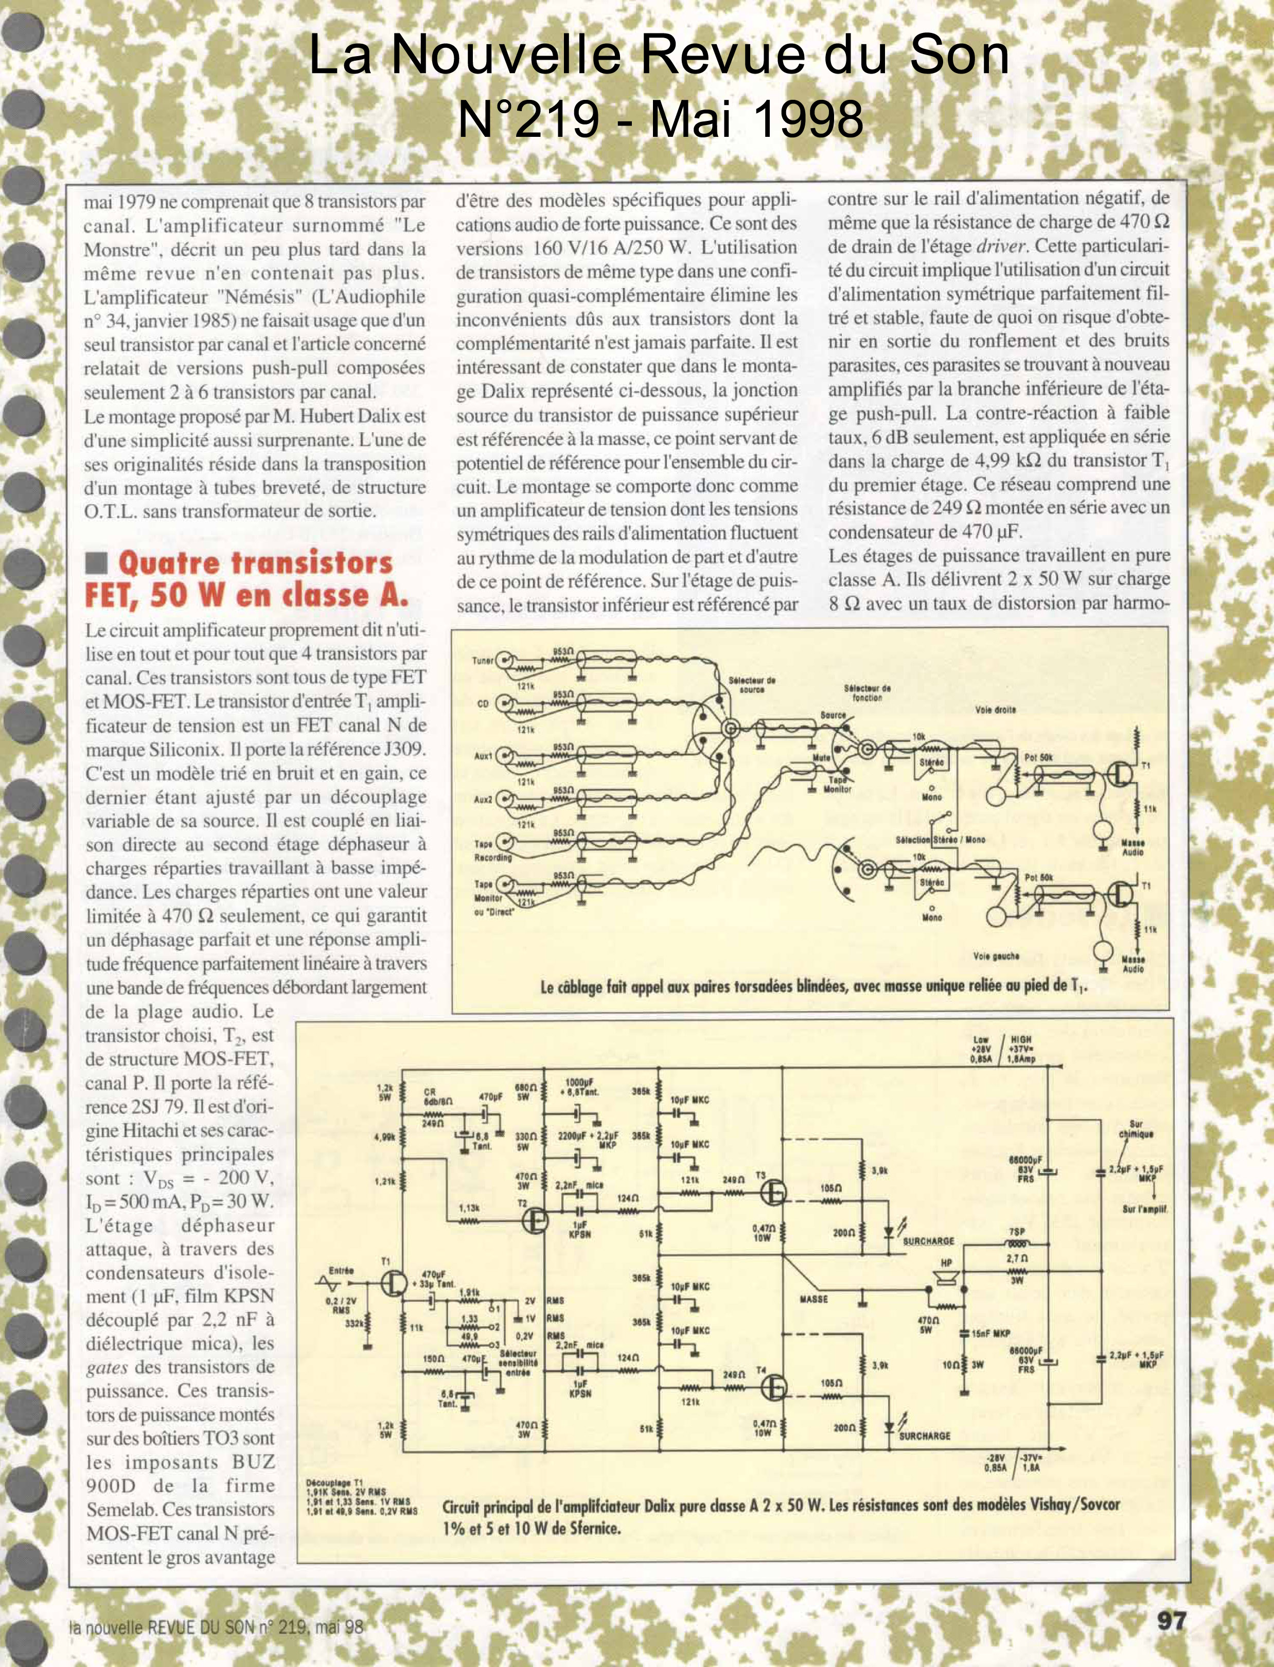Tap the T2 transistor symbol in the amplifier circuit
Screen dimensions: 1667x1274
(536, 1220)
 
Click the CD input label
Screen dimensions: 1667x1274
(482, 703)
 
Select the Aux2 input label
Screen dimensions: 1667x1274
(482, 799)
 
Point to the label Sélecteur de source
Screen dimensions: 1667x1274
(752, 684)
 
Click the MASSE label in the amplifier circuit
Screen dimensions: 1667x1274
(813, 1299)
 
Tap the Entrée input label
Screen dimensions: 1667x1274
(341, 1270)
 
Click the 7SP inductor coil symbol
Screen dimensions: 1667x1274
(1017, 1245)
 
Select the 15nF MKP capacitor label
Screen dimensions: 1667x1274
(991, 1332)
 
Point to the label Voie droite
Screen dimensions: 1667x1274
(995, 711)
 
